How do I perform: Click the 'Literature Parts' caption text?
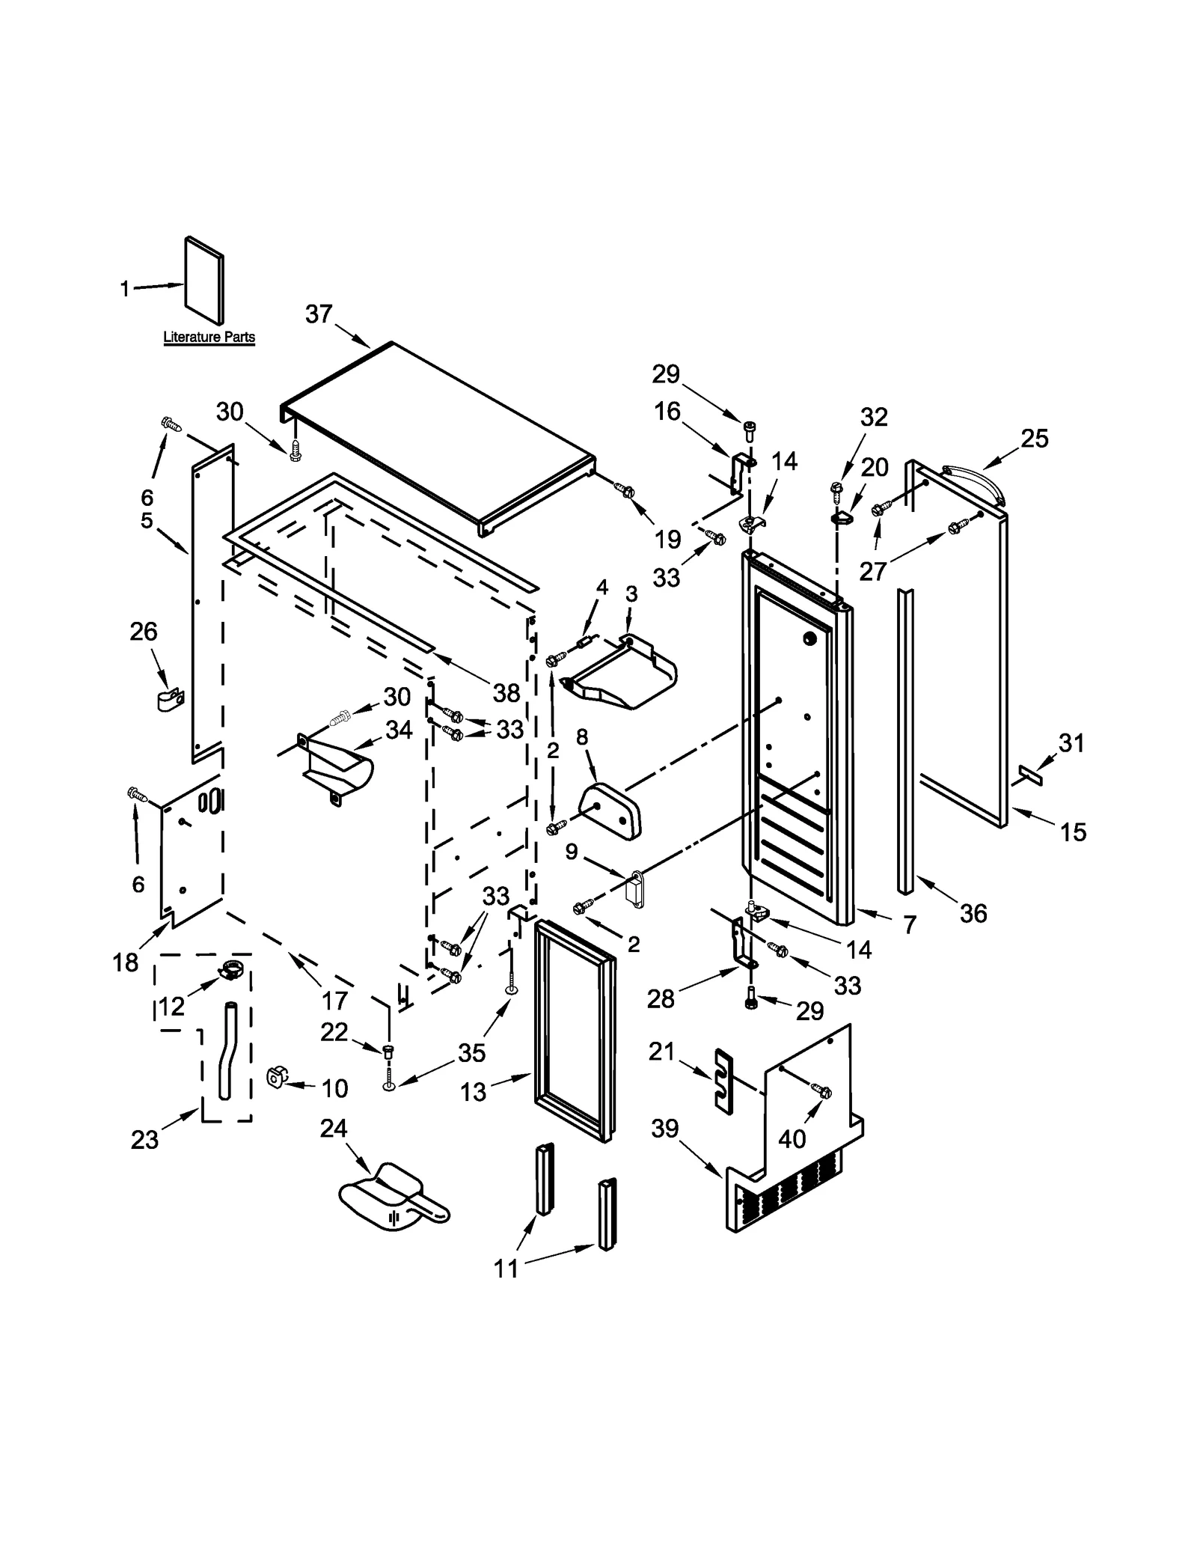[209, 337]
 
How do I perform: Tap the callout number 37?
[319, 314]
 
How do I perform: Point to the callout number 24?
[334, 1128]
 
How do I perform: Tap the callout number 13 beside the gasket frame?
[474, 1092]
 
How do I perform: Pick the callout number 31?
[1071, 742]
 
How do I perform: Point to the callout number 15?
[1073, 832]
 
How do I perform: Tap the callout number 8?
[582, 738]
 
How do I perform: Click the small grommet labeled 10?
[276, 1078]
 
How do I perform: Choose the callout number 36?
[973, 913]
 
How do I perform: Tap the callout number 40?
[792, 1138]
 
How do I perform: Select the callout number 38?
[506, 693]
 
